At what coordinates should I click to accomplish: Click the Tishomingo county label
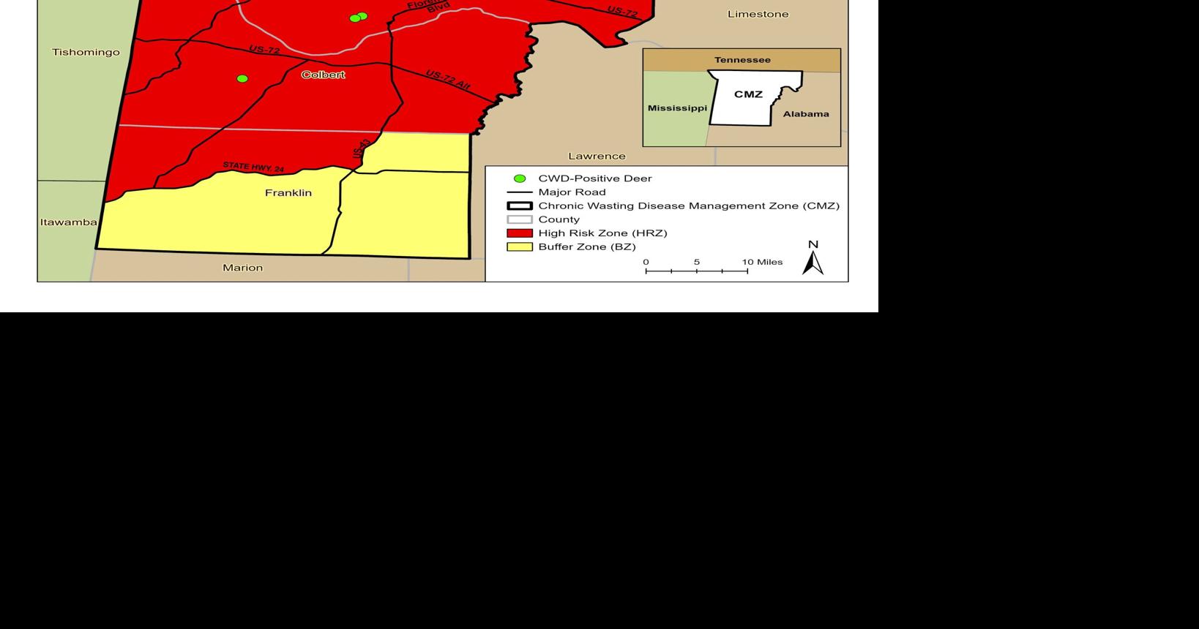coord(86,52)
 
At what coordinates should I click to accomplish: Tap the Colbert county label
coord(323,75)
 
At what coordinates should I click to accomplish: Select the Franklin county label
coord(288,193)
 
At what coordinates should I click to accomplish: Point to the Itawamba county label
coord(68,222)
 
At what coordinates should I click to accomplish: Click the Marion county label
coord(242,268)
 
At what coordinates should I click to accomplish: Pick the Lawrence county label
coord(597,156)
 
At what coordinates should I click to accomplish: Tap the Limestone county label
coord(758,14)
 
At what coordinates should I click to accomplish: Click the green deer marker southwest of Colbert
coord(242,78)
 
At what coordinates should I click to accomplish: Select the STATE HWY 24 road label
coord(253,167)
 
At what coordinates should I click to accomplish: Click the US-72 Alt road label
coord(447,80)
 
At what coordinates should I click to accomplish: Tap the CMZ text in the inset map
coord(748,94)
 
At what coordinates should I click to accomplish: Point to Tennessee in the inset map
coord(742,60)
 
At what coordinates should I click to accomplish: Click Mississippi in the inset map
coord(677,108)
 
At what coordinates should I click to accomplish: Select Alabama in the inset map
coord(806,114)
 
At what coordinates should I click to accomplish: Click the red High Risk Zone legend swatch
coord(520,233)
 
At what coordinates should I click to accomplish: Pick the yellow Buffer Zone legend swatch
coord(520,247)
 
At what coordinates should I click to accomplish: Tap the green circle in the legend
coord(520,178)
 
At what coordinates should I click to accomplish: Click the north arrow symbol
coord(813,262)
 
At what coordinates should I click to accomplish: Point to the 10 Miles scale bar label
coord(762,262)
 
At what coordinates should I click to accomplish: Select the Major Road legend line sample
coord(520,192)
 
